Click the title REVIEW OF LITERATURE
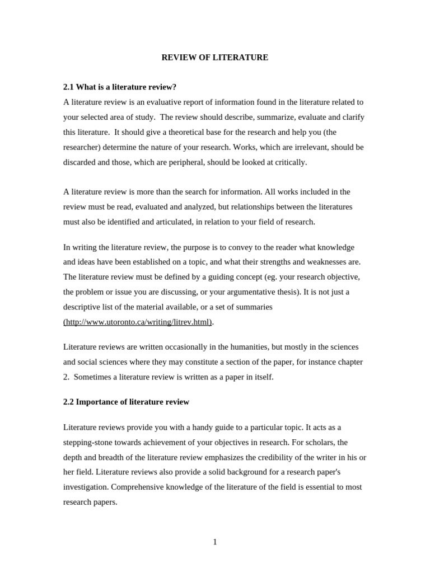pyautogui.click(x=215, y=58)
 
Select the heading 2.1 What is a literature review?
pyautogui.click(x=120, y=87)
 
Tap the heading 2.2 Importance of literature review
pyautogui.click(x=126, y=402)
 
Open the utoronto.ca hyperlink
pyautogui.click(x=138, y=322)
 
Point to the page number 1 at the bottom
pyautogui.click(x=215, y=542)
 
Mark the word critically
pyautogui.click(x=289, y=162)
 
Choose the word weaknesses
pyautogui.click(x=324, y=262)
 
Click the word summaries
pyautogui.click(x=253, y=307)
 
